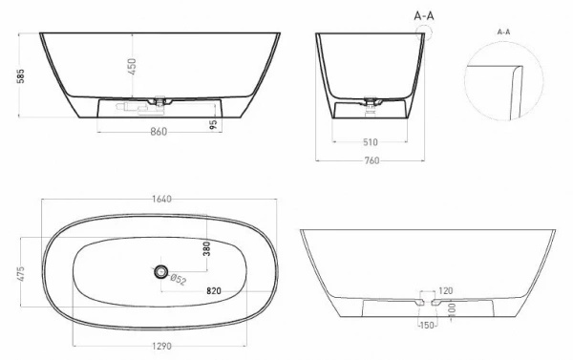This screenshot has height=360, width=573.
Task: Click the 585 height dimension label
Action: pos(21,76)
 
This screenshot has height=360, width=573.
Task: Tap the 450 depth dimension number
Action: pos(132,67)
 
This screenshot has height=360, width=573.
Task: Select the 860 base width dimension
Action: pos(159,132)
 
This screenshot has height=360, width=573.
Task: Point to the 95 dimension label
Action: pos(214,124)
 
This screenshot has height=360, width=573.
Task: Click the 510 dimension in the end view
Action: pos(371,142)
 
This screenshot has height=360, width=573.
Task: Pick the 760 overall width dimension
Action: pos(371,160)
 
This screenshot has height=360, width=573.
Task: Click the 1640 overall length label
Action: pos(161,199)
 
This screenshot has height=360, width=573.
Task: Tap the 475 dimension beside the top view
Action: pos(20,273)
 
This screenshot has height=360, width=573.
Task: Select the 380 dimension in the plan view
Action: pos(207,248)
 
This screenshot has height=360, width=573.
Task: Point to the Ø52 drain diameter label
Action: pos(179,280)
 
